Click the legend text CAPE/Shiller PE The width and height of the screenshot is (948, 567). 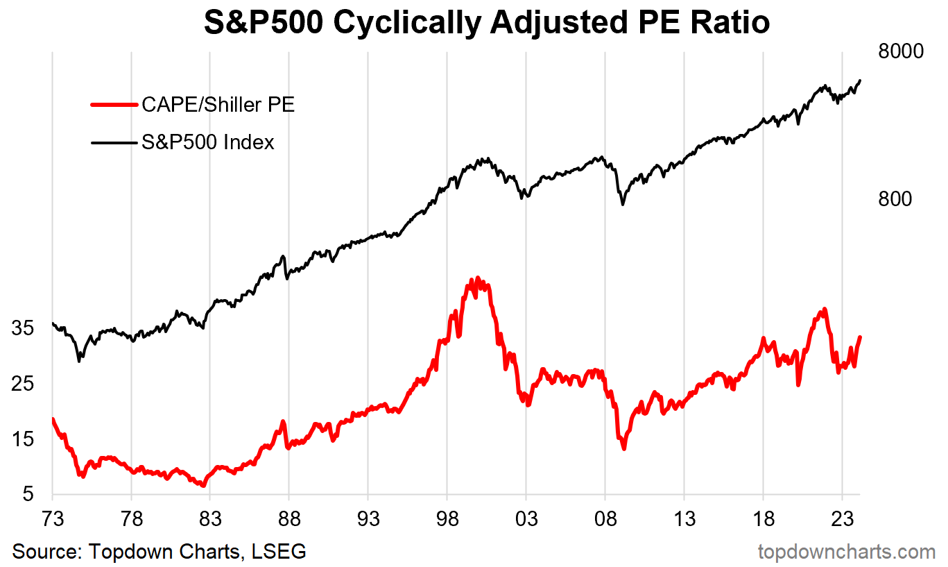(x=218, y=105)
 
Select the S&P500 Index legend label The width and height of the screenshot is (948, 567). (x=208, y=142)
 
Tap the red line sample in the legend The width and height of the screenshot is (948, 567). (x=114, y=105)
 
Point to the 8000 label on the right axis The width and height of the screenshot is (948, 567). (x=901, y=53)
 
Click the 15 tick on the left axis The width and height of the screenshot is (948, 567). (x=23, y=439)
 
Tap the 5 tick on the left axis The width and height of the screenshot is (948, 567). (x=28, y=495)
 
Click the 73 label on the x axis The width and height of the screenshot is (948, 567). (x=53, y=519)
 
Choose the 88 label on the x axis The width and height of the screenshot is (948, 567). (x=289, y=519)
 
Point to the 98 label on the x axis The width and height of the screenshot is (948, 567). (x=447, y=519)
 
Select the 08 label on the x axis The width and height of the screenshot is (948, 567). (x=605, y=519)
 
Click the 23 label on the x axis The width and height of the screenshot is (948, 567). (x=842, y=519)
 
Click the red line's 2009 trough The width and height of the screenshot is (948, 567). (x=624, y=448)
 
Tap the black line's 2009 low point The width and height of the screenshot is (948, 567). (x=623, y=204)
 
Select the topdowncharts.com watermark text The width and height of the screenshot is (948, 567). (x=847, y=552)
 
